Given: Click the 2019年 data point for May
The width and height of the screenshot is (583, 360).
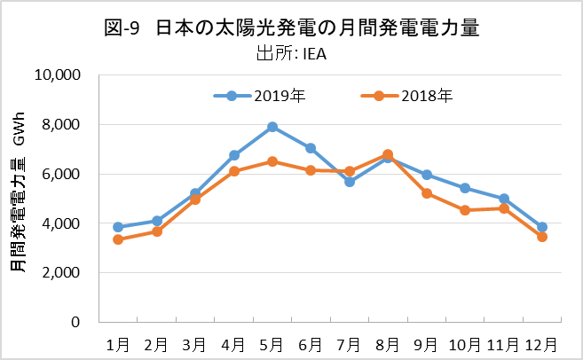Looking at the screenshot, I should [x=272, y=127].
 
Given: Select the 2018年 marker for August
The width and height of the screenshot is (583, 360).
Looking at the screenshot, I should [x=388, y=154].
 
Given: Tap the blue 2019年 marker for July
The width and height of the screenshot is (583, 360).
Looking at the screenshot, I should [x=350, y=182].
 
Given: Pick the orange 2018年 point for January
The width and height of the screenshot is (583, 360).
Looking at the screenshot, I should [x=118, y=239].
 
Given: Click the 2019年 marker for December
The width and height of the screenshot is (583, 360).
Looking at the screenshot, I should [x=542, y=227].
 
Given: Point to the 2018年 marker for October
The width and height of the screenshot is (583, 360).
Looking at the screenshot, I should [x=465, y=210].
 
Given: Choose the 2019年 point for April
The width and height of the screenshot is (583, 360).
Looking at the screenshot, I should [x=234, y=155].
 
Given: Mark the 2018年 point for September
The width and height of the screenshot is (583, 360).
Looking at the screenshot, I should [x=427, y=193].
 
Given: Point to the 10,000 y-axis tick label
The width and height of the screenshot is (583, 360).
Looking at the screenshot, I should [x=57, y=75].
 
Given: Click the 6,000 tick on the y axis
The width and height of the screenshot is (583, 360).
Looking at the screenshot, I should [x=61, y=175].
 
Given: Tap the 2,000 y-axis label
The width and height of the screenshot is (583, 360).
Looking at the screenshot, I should [x=61, y=273].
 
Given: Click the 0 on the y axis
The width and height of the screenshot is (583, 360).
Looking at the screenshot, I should [x=77, y=323].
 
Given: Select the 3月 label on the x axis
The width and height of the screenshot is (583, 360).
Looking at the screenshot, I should [x=195, y=343].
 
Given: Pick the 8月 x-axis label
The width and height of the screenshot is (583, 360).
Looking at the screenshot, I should [x=388, y=343].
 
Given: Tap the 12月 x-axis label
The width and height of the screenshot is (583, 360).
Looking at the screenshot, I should [x=542, y=343].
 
